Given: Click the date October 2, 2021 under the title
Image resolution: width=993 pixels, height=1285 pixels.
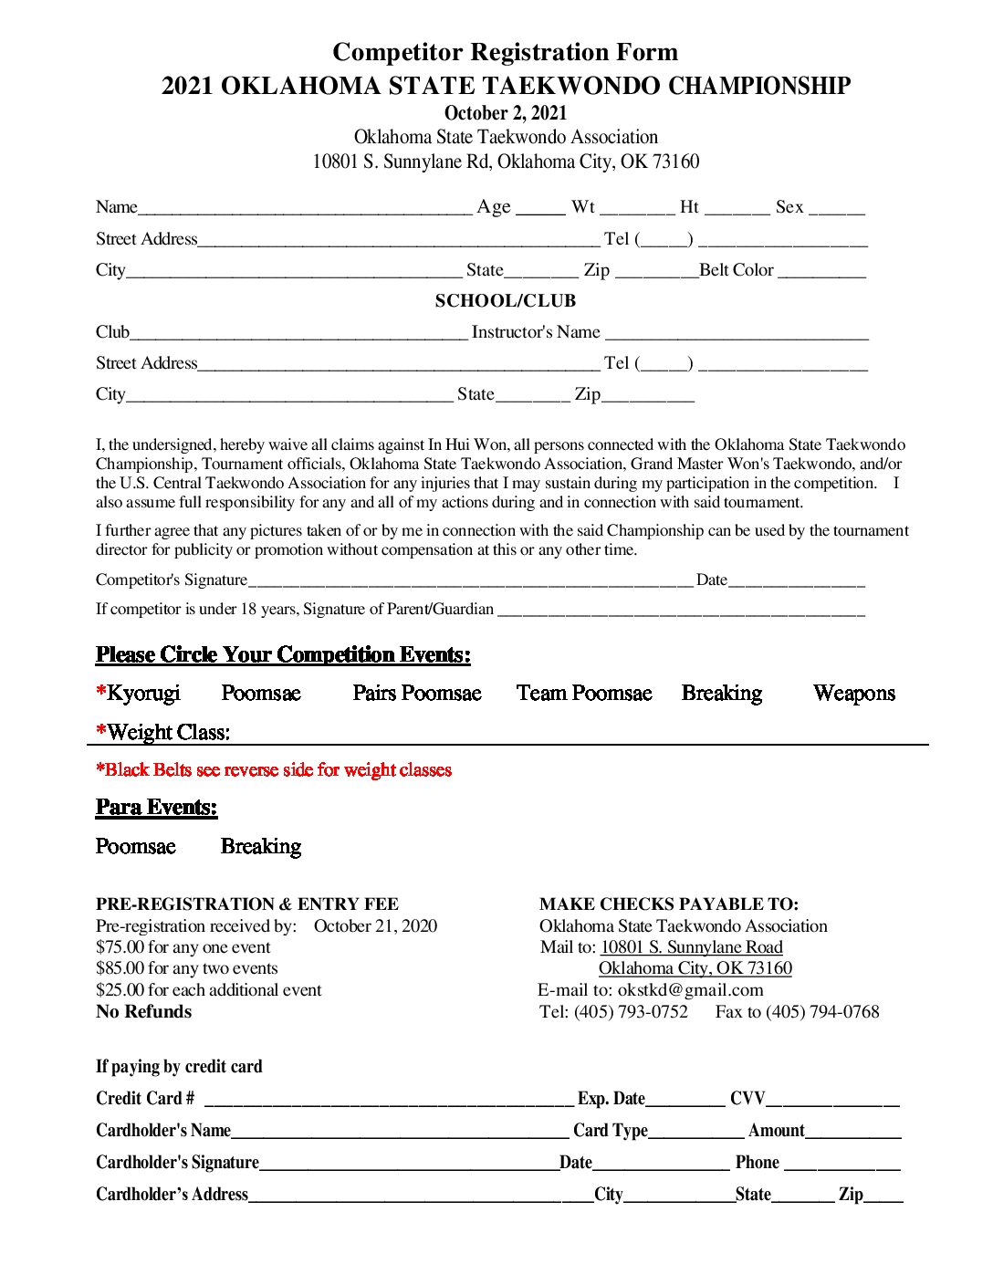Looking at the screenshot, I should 505,113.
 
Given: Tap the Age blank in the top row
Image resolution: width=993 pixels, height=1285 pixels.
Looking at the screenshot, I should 540,210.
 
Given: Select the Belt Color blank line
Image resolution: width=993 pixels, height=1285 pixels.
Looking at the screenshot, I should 821,273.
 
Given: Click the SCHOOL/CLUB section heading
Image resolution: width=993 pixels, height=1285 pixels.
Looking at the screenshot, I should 505,301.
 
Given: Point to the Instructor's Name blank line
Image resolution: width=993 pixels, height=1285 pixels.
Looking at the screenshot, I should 737,335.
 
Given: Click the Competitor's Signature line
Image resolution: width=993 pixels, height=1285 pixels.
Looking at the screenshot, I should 470,582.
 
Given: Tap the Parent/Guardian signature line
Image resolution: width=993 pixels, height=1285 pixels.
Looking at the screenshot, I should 681,611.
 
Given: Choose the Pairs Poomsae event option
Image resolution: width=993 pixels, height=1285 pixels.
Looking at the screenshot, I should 416,694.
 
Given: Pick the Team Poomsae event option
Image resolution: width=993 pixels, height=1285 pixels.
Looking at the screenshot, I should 584,694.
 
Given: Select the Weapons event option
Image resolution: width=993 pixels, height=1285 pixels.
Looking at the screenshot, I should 853,694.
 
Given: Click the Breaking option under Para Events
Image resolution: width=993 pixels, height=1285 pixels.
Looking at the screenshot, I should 261,847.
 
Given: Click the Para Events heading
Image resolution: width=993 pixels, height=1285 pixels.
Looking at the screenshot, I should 156,808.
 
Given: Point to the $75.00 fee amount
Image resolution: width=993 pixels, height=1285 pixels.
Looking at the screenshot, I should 120,947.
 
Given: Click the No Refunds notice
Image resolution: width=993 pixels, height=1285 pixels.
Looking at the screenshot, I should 143,1012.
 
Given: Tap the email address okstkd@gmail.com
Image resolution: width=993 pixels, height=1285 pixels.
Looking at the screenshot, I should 690,990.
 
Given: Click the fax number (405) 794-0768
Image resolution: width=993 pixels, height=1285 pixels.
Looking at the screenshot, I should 822,1012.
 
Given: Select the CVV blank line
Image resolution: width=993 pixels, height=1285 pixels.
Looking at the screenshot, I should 832,1102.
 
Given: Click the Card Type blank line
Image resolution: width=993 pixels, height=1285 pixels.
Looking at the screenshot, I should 695,1134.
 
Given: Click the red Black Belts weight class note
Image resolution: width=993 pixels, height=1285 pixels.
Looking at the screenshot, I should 274,770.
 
